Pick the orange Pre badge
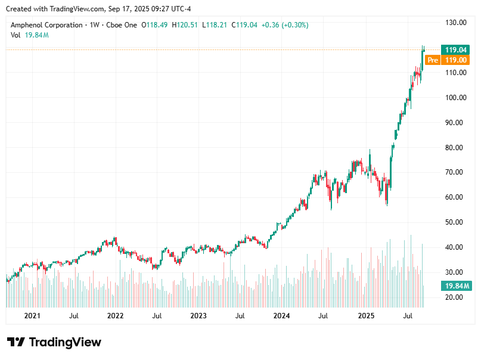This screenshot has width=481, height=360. tap(433, 60)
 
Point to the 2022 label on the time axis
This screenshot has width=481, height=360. tap(115, 315)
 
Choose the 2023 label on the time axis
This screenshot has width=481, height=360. tap(198, 315)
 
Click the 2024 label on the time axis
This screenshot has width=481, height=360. tap(281, 315)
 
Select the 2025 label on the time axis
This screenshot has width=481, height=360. tap(366, 315)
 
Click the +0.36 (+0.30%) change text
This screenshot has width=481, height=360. tap(284, 25)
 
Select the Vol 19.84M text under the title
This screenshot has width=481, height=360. tap(29, 35)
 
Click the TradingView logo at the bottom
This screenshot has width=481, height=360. tap(54, 342)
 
